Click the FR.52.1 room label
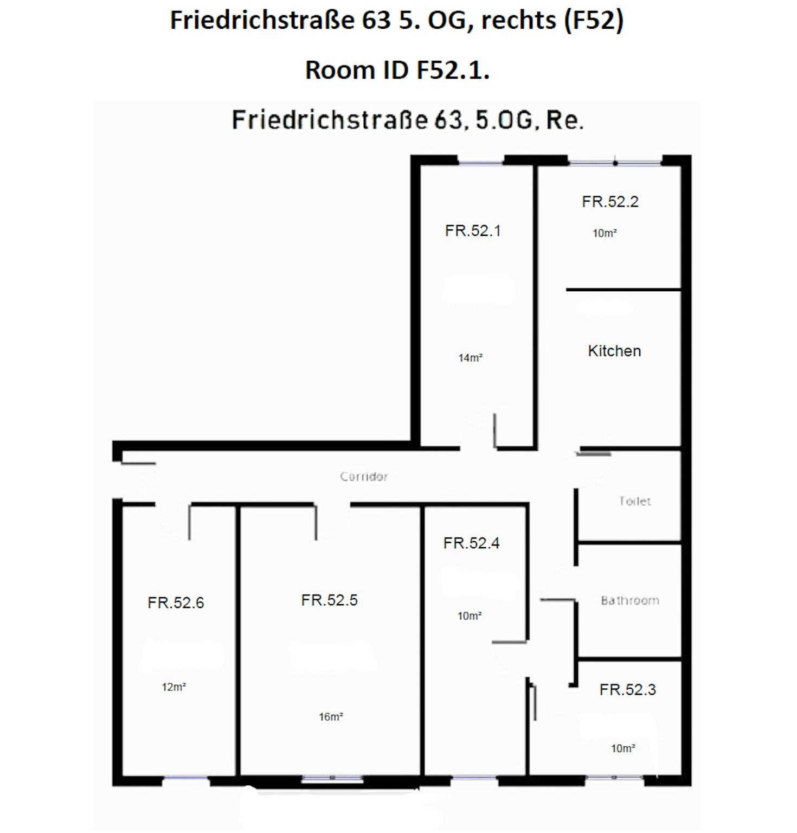point(473,231)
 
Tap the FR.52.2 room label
point(610,202)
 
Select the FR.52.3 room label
point(628,690)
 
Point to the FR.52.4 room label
point(471,543)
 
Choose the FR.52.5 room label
point(330,600)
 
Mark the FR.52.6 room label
point(176,603)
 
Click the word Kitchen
point(614,351)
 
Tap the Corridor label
point(364,477)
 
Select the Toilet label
point(635,501)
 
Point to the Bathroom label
point(630,600)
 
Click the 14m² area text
point(471,358)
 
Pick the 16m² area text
point(331,717)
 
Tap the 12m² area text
point(174,687)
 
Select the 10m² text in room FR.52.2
point(605,233)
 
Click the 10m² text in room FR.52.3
point(623,748)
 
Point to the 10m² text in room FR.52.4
point(470,616)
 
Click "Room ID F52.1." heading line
point(397,70)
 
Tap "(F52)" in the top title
point(594,21)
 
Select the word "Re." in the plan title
point(565,120)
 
